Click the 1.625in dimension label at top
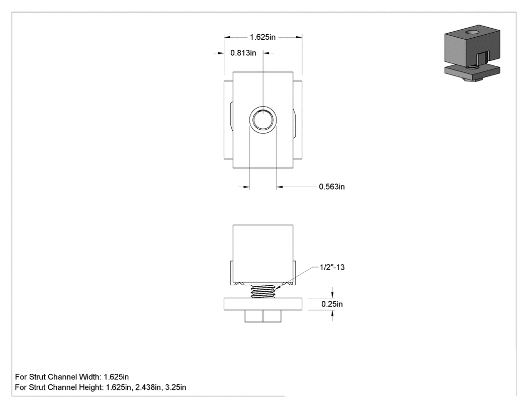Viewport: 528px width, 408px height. point(262,37)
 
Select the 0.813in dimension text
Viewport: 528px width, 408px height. point(243,53)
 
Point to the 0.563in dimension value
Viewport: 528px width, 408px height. point(332,187)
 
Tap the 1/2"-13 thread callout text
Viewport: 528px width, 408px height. point(332,267)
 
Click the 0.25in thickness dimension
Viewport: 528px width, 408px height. point(332,304)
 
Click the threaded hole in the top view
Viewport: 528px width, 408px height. point(263,120)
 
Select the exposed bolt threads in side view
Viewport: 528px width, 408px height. point(263,291)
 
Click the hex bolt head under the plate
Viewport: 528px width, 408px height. point(263,316)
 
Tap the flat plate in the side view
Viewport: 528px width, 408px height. point(263,304)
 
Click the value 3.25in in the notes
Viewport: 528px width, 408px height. point(175,387)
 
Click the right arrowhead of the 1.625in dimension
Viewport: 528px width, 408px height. point(299,37)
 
